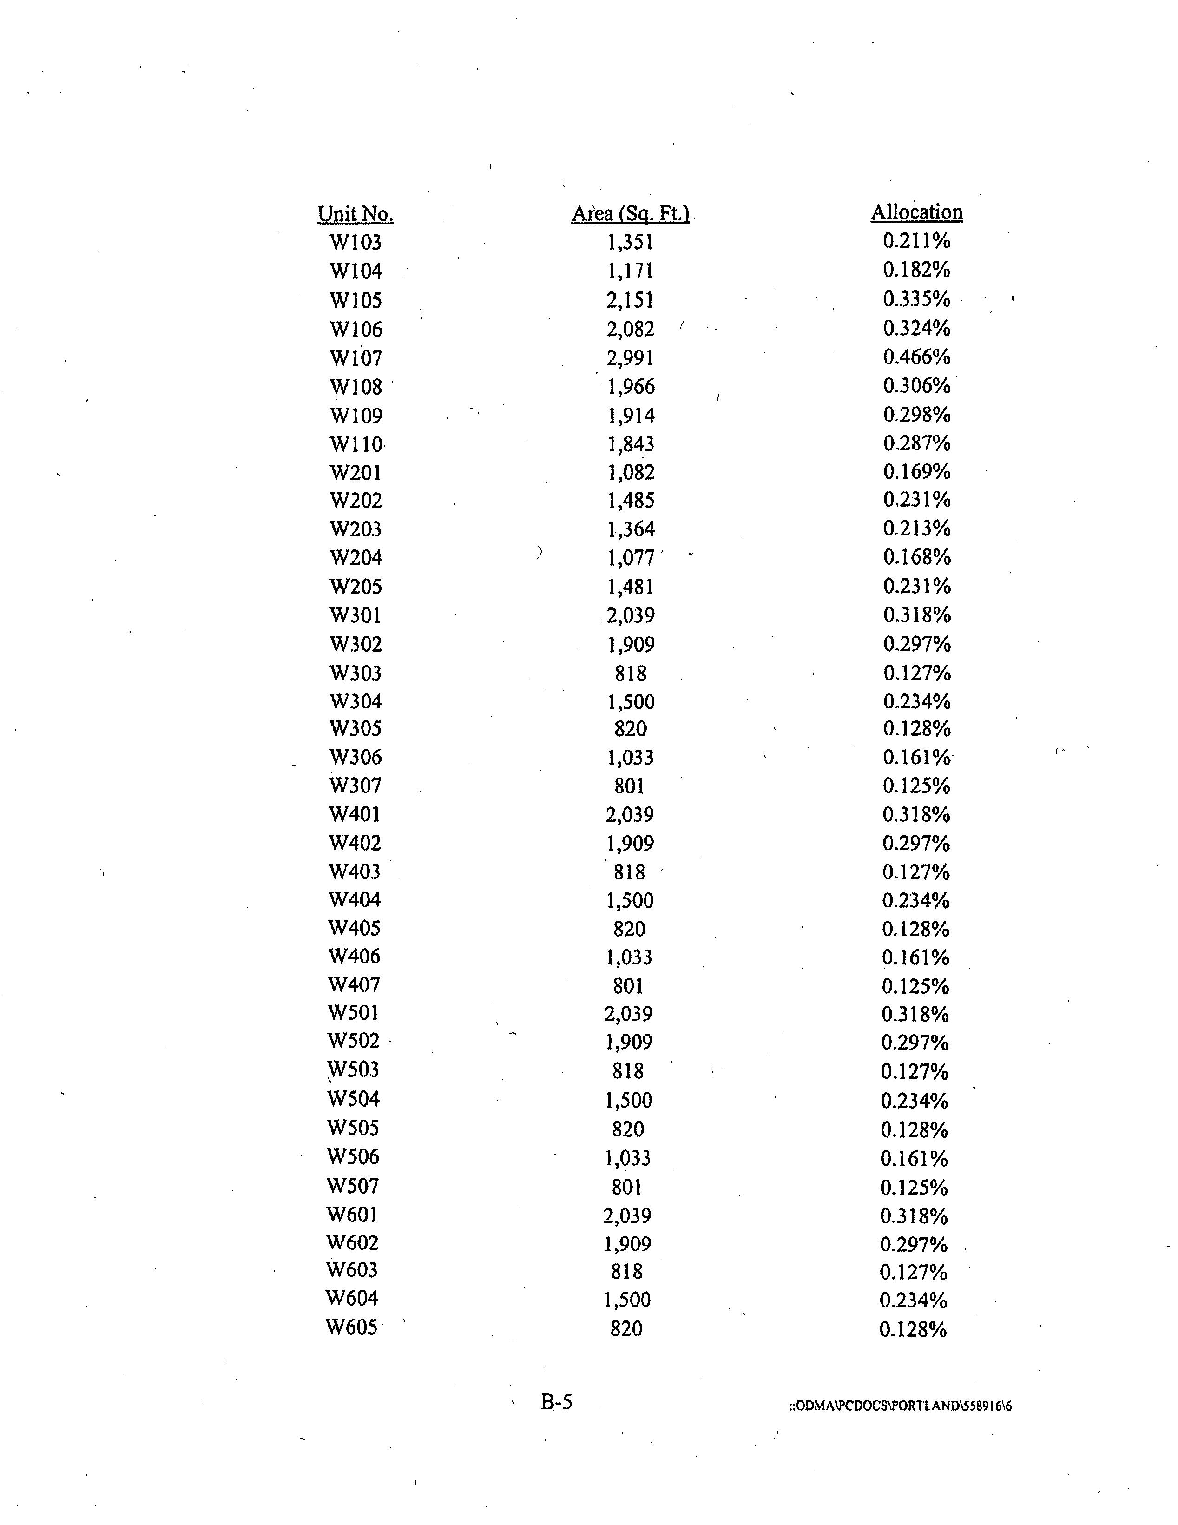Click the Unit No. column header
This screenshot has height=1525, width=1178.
(355, 214)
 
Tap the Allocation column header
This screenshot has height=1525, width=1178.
(916, 212)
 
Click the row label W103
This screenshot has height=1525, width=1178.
(355, 242)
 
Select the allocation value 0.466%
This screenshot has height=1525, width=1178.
(916, 357)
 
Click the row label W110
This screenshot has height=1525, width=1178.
(355, 444)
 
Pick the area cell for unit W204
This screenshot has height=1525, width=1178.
(631, 558)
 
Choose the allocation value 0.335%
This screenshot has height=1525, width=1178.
(916, 299)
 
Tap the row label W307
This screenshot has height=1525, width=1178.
(355, 786)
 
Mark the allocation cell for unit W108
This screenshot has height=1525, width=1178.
(916, 385)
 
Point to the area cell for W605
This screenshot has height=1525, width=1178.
(626, 1328)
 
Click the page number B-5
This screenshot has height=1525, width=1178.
(557, 1401)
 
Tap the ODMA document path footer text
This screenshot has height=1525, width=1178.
(900, 1406)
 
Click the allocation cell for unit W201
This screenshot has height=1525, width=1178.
(916, 472)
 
